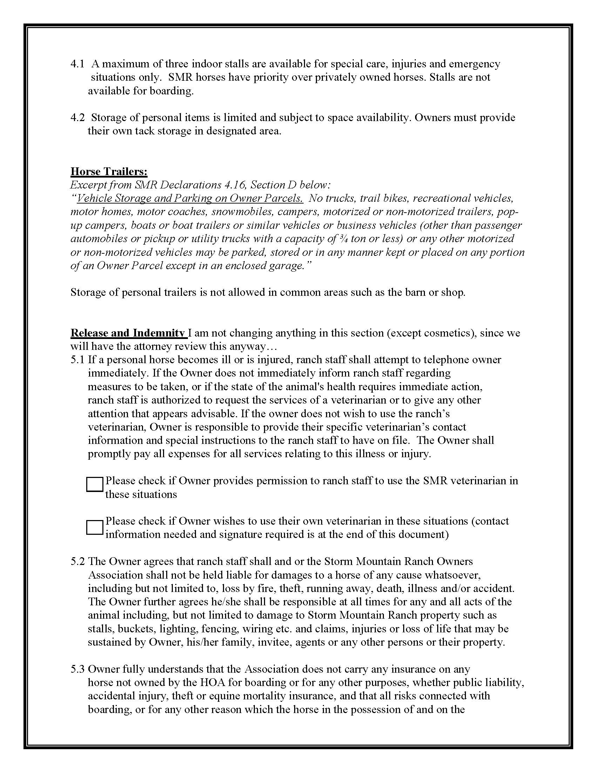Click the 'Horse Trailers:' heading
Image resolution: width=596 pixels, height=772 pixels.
pyautogui.click(x=109, y=172)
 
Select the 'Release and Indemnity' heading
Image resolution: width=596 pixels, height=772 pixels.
pyautogui.click(x=128, y=333)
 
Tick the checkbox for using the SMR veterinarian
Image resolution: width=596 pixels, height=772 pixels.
pyautogui.click(x=94, y=484)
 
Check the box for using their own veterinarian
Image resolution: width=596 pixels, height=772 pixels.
pyautogui.click(x=94, y=527)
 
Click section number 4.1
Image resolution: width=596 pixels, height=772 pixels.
pyautogui.click(x=77, y=64)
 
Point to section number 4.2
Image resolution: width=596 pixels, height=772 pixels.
pyautogui.click(x=77, y=118)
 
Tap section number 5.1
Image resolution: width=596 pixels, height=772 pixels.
pyautogui.click(x=77, y=360)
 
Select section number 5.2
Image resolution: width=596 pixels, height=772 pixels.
pyautogui.click(x=77, y=561)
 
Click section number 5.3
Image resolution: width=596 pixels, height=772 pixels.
pyautogui.click(x=77, y=669)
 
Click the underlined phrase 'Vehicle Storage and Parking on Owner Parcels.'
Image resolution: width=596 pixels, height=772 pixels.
pyautogui.click(x=190, y=198)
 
